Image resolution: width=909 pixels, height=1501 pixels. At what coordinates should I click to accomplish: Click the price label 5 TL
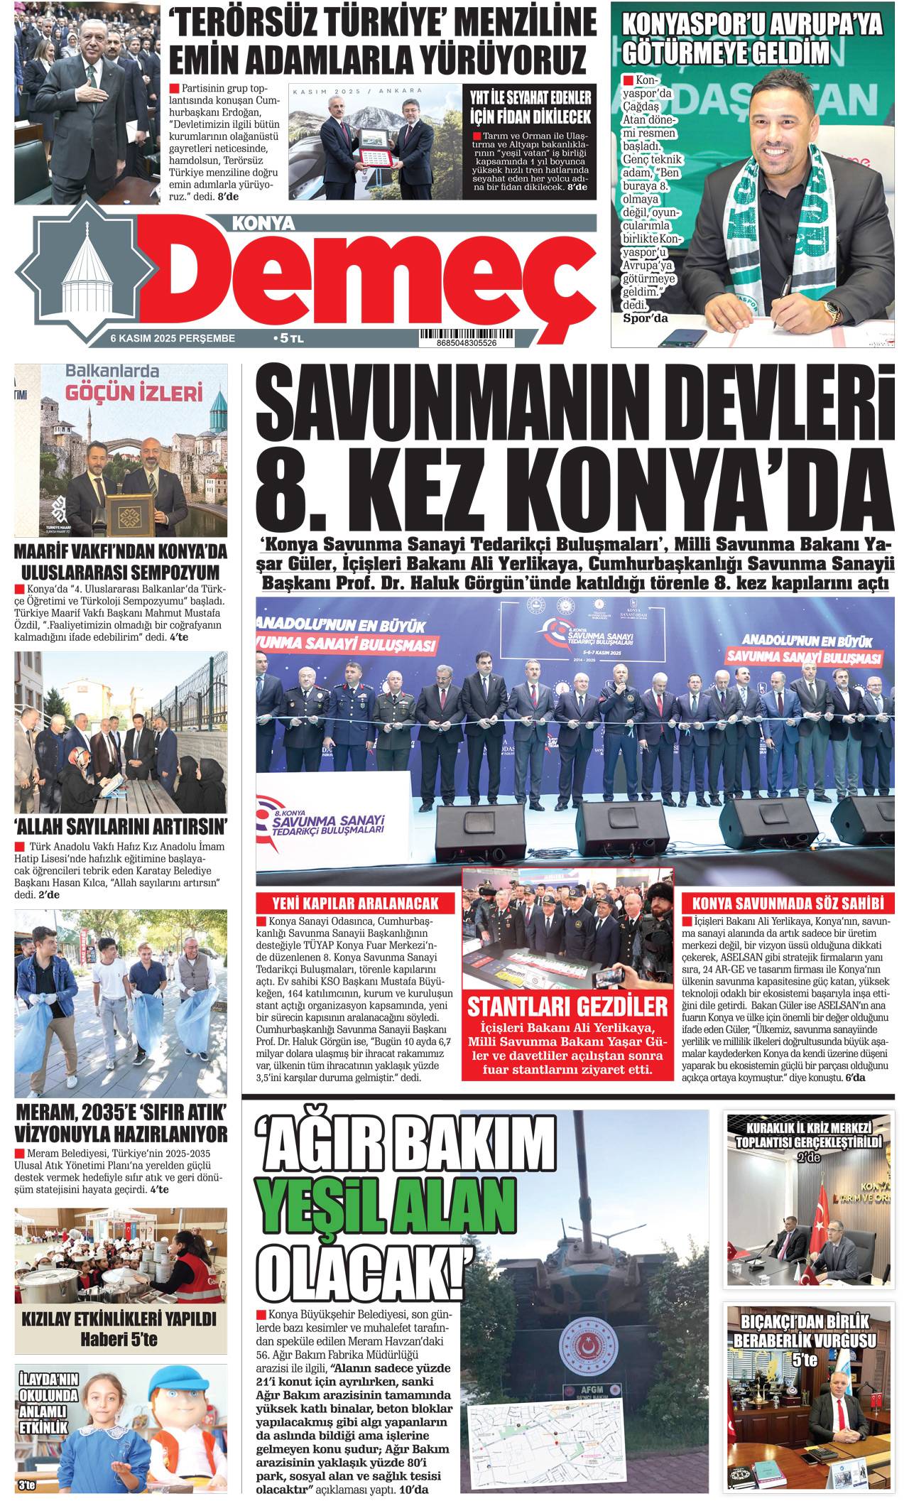288,340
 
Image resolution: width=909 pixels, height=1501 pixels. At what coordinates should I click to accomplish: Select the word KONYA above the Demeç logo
263,224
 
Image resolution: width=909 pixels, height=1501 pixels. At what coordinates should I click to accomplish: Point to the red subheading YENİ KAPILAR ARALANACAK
355,904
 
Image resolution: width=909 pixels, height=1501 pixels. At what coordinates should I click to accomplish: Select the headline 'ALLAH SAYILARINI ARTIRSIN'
121,826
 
